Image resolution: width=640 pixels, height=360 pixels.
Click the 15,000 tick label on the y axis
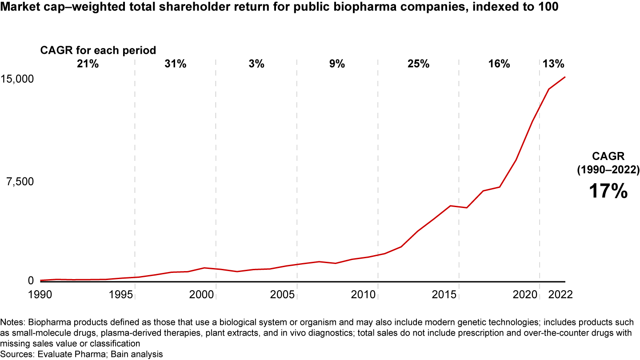point(17,79)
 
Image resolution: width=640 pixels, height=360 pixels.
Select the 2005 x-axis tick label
point(283,294)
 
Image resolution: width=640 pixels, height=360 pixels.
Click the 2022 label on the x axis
point(560,294)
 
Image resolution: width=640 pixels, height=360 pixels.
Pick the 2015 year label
point(445,294)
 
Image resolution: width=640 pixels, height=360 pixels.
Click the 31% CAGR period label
point(175,64)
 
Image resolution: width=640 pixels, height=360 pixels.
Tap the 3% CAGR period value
point(256,64)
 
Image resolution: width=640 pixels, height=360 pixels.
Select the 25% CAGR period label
point(418,64)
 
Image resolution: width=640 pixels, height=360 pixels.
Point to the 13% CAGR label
point(553,64)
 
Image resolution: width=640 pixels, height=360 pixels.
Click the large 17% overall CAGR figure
point(608,191)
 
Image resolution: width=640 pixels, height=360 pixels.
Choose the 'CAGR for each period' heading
point(98,50)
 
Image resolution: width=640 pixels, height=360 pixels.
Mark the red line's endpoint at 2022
point(565,77)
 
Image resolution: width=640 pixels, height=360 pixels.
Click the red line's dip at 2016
point(467,208)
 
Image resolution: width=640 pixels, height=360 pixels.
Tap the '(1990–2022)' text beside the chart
point(608,169)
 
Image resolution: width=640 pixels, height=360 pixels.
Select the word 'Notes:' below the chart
point(13,321)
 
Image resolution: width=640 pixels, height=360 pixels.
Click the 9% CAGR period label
point(337,64)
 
